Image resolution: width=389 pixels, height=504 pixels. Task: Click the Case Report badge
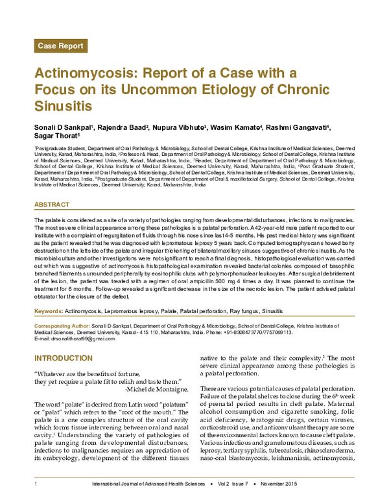point(61,45)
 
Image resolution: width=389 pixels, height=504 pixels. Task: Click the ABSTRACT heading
point(51,205)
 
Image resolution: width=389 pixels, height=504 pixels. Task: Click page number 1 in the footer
point(35,485)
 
